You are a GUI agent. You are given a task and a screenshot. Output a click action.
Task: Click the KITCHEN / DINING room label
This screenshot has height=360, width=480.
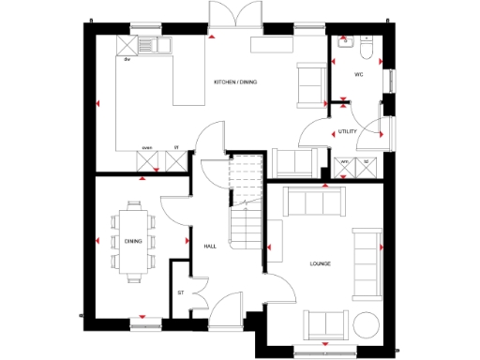tap(235, 82)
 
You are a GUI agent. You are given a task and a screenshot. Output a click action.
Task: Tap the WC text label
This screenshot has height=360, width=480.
tap(358, 74)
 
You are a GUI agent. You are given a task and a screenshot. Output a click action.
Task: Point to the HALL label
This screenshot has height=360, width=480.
tap(210, 247)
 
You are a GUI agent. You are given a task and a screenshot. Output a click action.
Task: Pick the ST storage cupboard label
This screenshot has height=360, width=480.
tap(180, 293)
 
